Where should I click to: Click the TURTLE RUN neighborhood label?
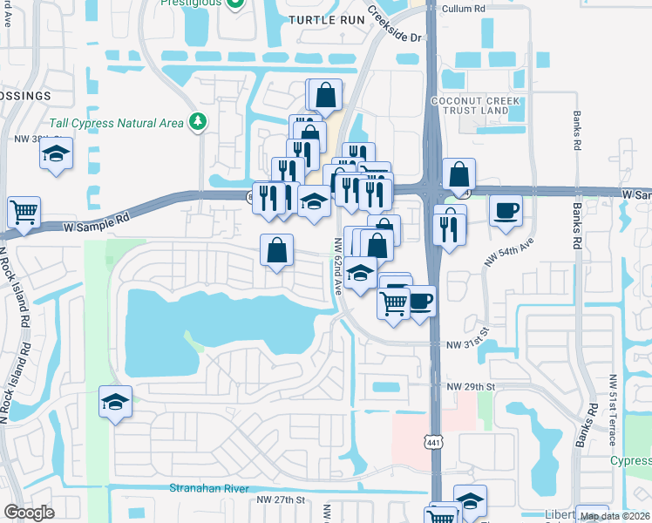pyautogui.click(x=324, y=19)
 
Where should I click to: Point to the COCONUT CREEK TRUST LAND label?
pyautogui.click(x=476, y=106)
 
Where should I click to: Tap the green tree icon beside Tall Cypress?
pyautogui.click(x=200, y=121)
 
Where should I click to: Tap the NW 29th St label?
pyautogui.click(x=471, y=386)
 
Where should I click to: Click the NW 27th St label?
pyautogui.click(x=282, y=499)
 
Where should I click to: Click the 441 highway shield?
pyautogui.click(x=433, y=443)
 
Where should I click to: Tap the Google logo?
pyautogui.click(x=30, y=513)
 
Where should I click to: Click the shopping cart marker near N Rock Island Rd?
pyautogui.click(x=24, y=212)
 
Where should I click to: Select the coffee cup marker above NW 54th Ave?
pyautogui.click(x=506, y=211)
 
